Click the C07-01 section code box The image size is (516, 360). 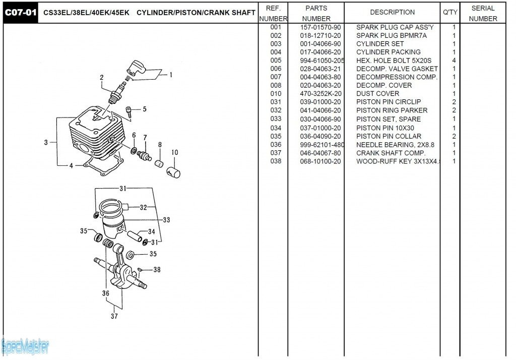[x=21, y=12]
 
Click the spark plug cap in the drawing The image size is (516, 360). [x=136, y=68]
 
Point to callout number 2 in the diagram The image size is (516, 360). [x=102, y=78]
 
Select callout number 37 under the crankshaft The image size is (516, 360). [x=114, y=316]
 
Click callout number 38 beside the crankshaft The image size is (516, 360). [x=157, y=270]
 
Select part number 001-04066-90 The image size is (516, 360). [x=320, y=44]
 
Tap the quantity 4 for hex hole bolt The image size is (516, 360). [x=454, y=61]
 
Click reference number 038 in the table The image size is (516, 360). [x=276, y=161]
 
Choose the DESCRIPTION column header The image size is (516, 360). [x=393, y=12]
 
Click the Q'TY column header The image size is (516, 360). [x=449, y=12]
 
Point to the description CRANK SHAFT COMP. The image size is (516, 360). [x=391, y=153]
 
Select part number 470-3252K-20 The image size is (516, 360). [x=320, y=93]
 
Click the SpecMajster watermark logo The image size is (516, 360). [x=25, y=346]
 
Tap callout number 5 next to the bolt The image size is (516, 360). [x=145, y=109]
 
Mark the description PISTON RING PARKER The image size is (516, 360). [x=392, y=110]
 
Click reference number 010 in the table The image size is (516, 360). [x=276, y=93]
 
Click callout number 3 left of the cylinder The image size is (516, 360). [x=46, y=142]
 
